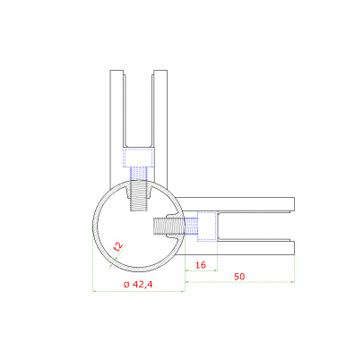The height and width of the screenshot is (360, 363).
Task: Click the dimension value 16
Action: coord(201,265)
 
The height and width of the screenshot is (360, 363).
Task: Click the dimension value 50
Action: coord(239,277)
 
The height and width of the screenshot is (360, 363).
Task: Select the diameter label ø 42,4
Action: coord(138,285)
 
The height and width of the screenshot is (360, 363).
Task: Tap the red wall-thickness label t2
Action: coord(118,246)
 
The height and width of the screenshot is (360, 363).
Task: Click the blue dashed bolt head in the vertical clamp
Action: coord(139,158)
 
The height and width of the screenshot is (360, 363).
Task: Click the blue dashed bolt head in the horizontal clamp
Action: coord(207,227)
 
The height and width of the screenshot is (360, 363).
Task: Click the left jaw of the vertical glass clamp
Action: coord(117,125)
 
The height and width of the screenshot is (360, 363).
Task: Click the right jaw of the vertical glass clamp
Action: coord(160,125)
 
